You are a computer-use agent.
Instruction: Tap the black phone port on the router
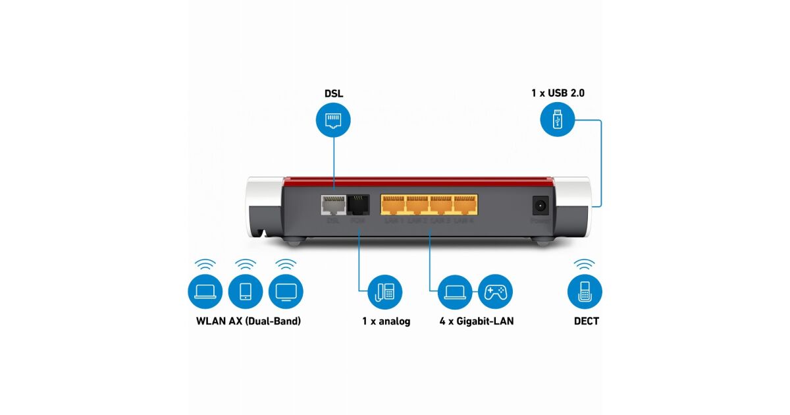pos(357,205)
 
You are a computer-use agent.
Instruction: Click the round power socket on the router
pos(540,206)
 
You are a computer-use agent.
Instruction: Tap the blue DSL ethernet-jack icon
pos(334,120)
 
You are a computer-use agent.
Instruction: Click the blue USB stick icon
pos(557,121)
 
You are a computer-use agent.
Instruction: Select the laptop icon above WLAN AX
pos(205,291)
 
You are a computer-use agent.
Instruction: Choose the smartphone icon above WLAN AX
pos(246,291)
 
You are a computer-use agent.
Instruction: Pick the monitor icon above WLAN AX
pos(286,291)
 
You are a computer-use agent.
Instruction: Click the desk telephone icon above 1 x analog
pos(385,291)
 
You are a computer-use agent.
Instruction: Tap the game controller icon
pos(495,291)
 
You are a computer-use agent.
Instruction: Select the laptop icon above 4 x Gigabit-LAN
pos(455,291)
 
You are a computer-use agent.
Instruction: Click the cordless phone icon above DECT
pos(585,291)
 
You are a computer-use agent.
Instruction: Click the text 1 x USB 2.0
pos(558,94)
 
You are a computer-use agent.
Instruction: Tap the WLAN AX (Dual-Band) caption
pos(248,321)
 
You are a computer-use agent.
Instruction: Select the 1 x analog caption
pos(386,321)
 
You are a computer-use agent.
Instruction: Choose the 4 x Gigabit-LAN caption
pos(477,321)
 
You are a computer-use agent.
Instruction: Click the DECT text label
pos(585,321)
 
